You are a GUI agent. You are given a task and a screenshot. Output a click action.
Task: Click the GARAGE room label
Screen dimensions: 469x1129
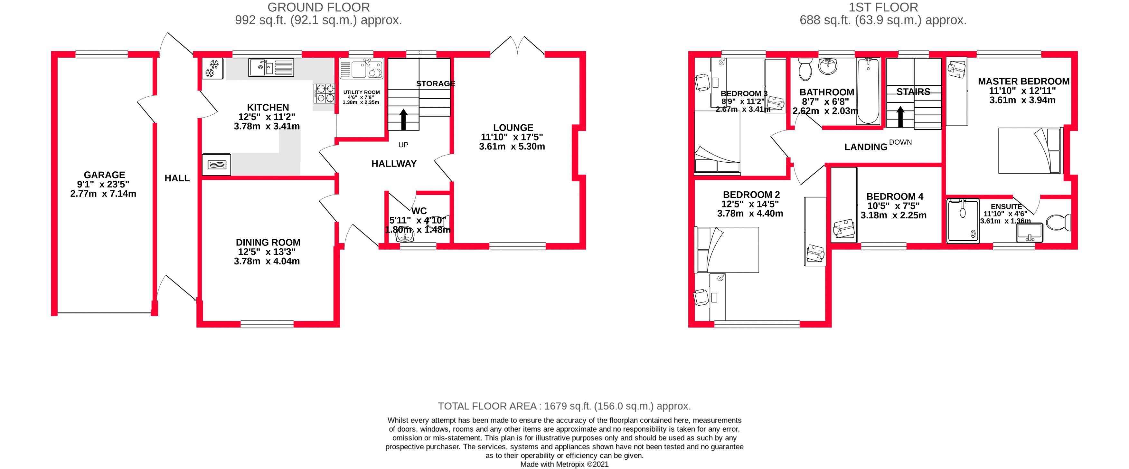coord(104,175)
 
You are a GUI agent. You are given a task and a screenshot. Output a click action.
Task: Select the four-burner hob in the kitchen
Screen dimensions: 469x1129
coord(324,93)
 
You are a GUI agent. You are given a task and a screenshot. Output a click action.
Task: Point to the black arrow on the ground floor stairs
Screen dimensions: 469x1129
coord(403,119)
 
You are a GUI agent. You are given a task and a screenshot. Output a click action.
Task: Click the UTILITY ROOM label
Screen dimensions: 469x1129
coord(361,92)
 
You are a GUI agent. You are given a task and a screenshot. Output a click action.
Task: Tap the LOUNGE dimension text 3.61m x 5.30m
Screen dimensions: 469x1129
coord(512,147)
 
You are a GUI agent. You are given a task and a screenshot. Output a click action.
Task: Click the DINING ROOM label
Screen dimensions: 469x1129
coord(268,242)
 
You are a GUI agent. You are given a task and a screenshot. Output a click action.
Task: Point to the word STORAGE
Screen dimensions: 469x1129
coord(435,83)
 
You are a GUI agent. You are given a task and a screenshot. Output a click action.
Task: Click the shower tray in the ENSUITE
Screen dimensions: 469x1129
coord(963,221)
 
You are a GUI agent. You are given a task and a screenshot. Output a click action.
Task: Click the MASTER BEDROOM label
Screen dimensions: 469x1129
coord(1023,81)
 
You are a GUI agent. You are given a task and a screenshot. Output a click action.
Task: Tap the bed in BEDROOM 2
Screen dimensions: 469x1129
coord(727,250)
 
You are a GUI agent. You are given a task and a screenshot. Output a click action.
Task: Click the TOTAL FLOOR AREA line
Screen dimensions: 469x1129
coord(564,406)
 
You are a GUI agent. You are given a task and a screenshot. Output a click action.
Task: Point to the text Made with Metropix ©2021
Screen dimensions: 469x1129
coord(564,464)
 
